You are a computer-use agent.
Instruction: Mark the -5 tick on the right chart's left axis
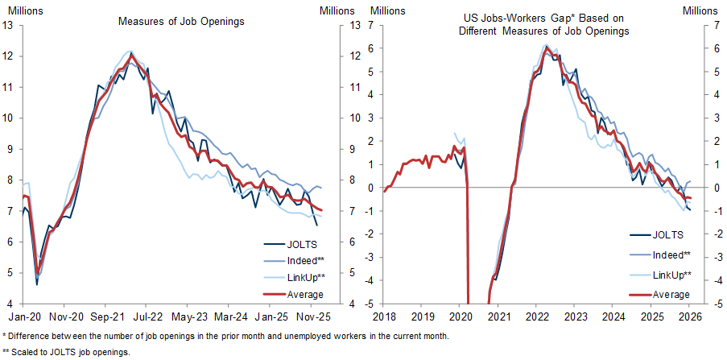click(370, 304)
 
